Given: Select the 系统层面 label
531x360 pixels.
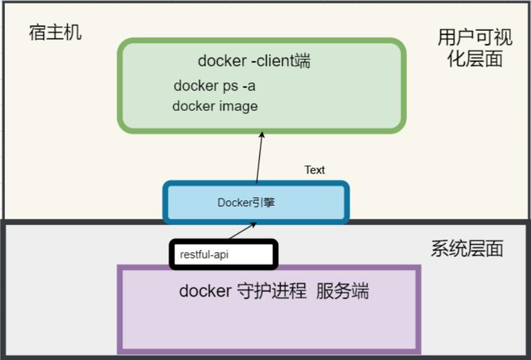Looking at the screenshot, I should pos(467,249).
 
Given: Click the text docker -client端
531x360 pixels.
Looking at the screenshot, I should pos(254,61).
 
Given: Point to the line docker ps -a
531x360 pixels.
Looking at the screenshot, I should pos(215,86).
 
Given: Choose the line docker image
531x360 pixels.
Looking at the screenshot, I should pos(215,106).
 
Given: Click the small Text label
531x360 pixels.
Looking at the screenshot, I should pos(314,170).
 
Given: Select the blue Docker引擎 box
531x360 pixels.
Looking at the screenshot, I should pos(256,202).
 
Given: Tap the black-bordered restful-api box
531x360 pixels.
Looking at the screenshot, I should pos(223,254).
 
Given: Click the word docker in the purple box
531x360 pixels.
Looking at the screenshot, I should pos(205,291).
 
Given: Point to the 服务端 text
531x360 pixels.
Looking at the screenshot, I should pos(342,291).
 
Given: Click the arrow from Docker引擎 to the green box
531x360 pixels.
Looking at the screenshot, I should pos(259,158).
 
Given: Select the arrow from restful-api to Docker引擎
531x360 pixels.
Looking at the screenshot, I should pos(242,231).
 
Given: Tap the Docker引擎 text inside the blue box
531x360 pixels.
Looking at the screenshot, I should pos(246,202).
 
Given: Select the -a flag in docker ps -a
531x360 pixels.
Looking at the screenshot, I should pos(248,86).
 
